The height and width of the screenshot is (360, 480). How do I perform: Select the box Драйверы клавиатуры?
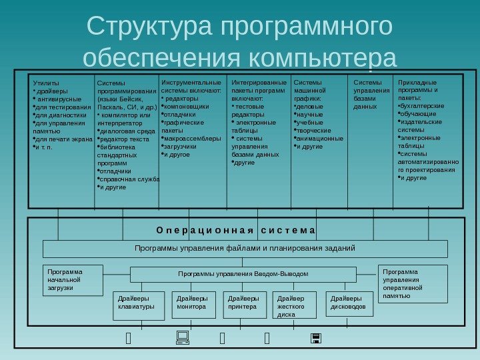point(139,305)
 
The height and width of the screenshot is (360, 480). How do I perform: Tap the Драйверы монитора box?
point(194,303)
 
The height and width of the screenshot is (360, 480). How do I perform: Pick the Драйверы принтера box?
point(245,303)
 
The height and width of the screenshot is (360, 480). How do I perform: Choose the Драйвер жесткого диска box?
point(295,306)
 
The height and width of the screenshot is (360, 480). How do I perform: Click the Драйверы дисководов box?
point(349,303)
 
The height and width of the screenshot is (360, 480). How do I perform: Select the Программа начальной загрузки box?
point(72,280)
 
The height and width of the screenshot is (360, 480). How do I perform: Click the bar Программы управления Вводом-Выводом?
point(243,274)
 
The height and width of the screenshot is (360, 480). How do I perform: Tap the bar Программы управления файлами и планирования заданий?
point(245,249)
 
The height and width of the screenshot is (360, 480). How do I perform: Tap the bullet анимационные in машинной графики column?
point(320,139)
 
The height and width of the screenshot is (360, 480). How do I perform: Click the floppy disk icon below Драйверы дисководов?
point(316,340)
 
